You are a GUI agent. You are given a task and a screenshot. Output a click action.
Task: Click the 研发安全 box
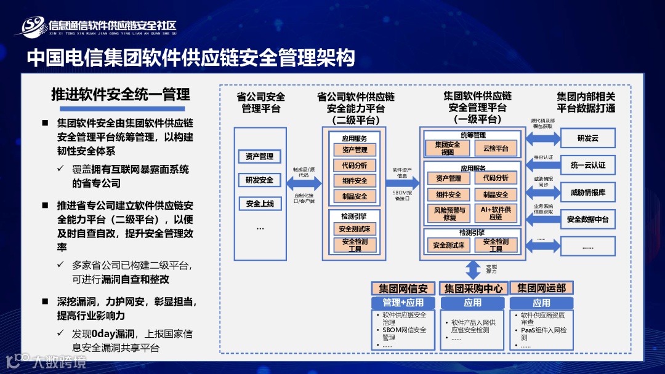[259, 180]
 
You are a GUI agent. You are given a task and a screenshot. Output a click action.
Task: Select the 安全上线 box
[259, 204]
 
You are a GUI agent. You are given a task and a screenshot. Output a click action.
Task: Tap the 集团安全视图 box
[447, 148]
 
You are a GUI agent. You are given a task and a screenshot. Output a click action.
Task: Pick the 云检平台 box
[496, 148]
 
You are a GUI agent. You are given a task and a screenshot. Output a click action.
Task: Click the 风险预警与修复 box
[448, 213]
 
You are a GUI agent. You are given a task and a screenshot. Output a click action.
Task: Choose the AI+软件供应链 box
[496, 213]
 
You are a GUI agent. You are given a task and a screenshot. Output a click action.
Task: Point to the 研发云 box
[587, 138]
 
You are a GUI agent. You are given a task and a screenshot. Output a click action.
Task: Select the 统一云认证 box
[587, 165]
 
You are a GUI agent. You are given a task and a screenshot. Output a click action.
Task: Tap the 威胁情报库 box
[587, 193]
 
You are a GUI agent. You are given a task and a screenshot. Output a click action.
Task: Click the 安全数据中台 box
[587, 220]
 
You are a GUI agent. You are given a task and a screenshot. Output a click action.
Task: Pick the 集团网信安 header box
[403, 288]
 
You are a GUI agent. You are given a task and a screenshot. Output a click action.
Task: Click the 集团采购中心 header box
[473, 288]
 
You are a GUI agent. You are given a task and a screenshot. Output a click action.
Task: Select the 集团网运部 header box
[541, 288]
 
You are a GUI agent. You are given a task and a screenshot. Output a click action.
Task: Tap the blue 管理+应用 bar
[403, 303]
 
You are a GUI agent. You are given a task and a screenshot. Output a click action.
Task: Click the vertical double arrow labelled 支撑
[473, 268]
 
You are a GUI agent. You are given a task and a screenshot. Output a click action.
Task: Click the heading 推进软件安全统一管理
[120, 95]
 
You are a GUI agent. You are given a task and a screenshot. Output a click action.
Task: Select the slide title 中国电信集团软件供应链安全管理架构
[191, 58]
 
